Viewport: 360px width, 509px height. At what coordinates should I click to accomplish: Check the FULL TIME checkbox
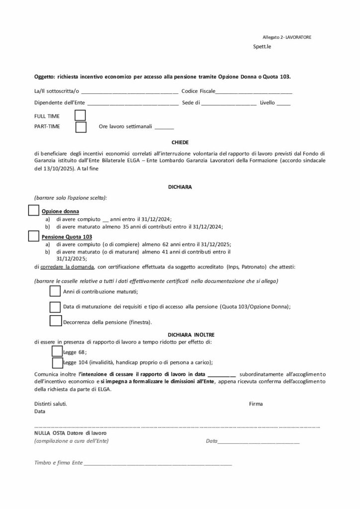click(80, 115)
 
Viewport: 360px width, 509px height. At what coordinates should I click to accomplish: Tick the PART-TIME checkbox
click(81, 127)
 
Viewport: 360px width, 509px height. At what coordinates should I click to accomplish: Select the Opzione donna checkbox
click(33, 210)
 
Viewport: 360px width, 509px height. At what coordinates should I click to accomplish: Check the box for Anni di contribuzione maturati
click(56, 291)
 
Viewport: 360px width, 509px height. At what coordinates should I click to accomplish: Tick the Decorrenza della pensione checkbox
click(56, 321)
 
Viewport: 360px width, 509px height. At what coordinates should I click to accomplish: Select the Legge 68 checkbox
click(57, 351)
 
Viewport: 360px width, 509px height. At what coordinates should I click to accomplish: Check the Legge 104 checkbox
click(57, 362)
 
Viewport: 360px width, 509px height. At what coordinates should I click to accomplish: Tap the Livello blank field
click(283, 103)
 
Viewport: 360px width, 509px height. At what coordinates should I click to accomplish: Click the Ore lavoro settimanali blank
click(164, 127)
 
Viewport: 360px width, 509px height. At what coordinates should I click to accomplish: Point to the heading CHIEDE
click(180, 142)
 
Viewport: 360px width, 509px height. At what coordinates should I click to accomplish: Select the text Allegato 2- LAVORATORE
click(287, 37)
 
